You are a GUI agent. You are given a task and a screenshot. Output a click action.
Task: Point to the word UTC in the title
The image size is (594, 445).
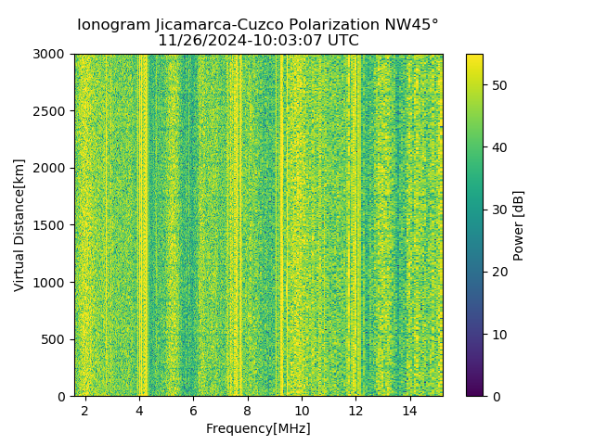click(341, 41)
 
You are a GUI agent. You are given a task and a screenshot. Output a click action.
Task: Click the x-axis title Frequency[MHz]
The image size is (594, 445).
click(258, 428)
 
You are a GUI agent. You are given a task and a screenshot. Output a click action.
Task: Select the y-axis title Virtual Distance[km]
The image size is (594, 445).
click(19, 225)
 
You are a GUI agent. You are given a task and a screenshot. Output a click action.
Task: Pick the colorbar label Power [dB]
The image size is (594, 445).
click(519, 225)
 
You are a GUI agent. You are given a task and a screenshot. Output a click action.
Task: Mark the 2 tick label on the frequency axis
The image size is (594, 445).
click(85, 410)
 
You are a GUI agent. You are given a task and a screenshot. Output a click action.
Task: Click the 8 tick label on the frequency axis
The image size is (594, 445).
click(248, 410)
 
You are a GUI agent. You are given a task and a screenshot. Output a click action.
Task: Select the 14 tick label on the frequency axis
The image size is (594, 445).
click(409, 410)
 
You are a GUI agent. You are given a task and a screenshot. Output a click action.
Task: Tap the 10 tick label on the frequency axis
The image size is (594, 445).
click(302, 410)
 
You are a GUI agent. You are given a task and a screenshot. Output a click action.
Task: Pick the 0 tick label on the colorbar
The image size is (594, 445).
click(493, 396)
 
